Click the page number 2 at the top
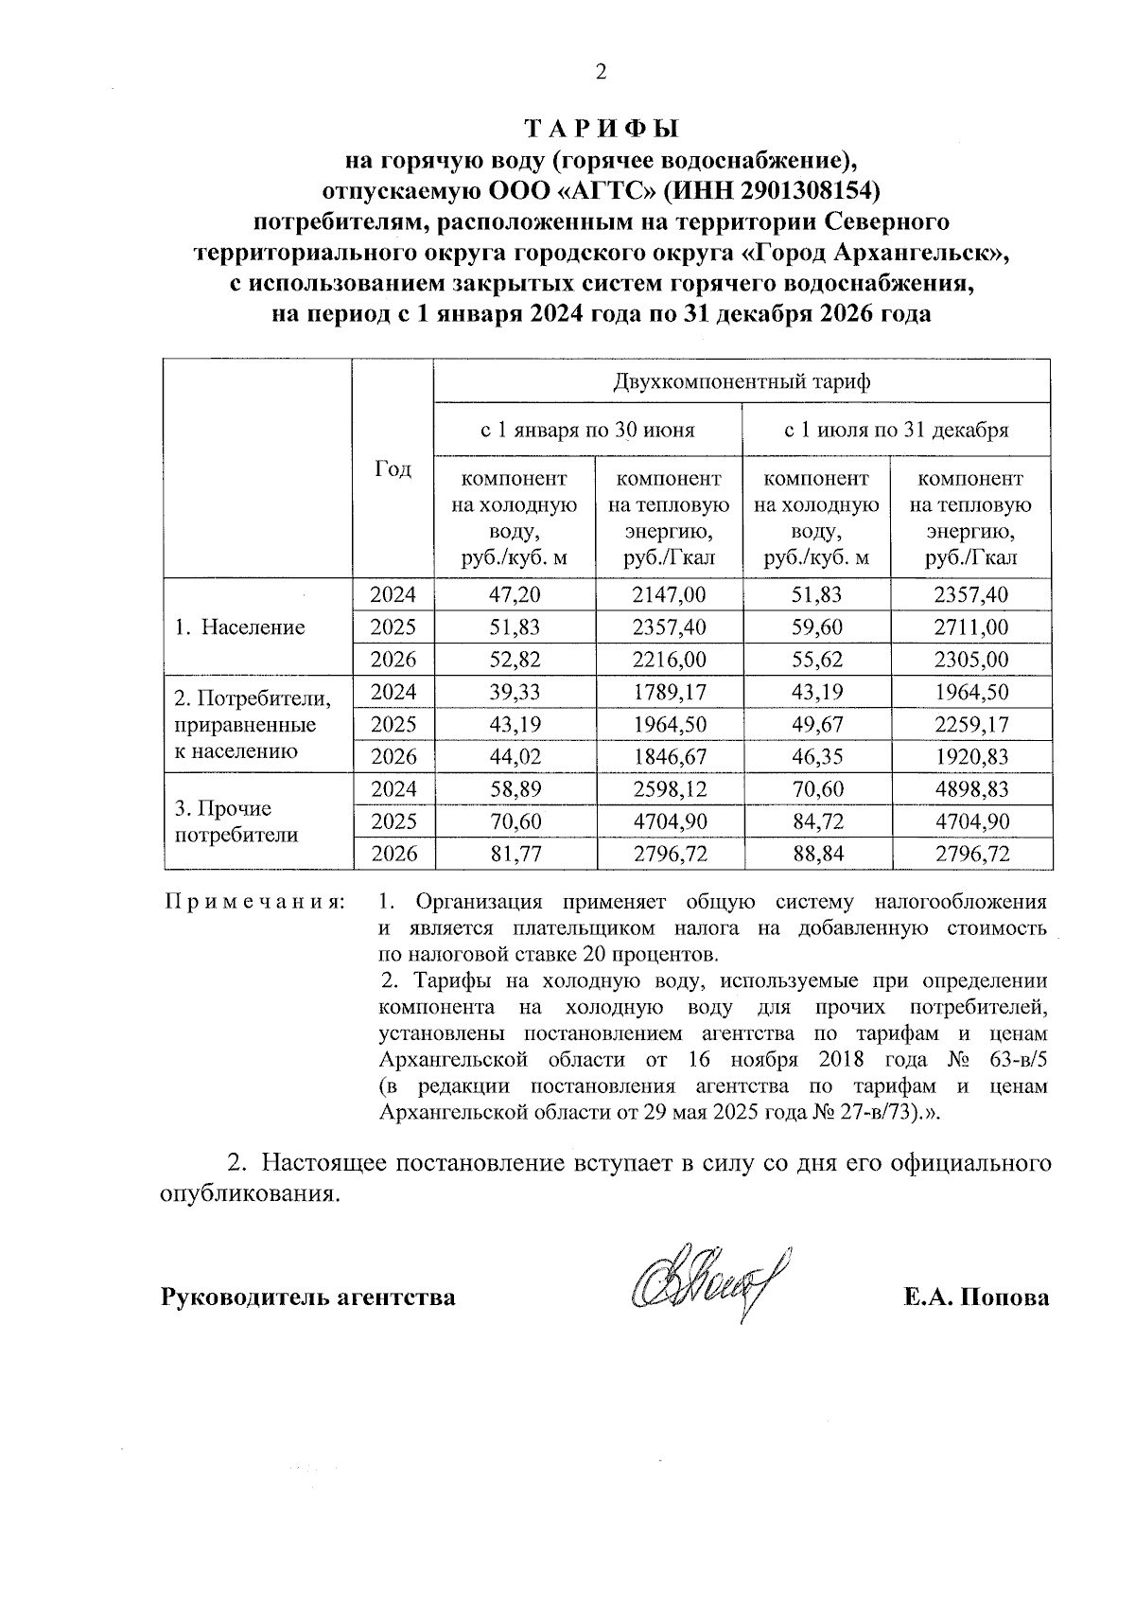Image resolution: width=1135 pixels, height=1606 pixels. click(x=597, y=72)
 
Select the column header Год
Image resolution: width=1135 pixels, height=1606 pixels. click(x=393, y=468)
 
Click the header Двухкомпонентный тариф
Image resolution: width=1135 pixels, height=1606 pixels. click(x=742, y=382)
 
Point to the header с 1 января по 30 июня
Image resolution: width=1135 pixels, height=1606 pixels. click(x=586, y=431)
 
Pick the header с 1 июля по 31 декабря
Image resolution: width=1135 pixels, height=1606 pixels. click(x=896, y=431)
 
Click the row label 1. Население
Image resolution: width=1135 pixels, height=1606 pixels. click(x=239, y=627)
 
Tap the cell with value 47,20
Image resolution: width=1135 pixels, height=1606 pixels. click(x=515, y=594)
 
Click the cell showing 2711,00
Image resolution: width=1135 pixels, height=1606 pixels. click(x=970, y=627)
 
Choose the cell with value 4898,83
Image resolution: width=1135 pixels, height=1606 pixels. click(x=970, y=788)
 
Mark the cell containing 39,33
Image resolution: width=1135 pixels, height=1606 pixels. click(x=515, y=692)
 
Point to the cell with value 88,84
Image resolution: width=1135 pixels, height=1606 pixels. click(x=817, y=854)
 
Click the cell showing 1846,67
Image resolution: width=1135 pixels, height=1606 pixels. click(x=669, y=756)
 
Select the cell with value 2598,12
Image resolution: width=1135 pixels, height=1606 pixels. click(x=669, y=788)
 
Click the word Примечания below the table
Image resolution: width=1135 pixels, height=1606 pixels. click(x=254, y=901)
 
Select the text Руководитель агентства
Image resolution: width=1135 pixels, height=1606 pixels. click(x=308, y=1297)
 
